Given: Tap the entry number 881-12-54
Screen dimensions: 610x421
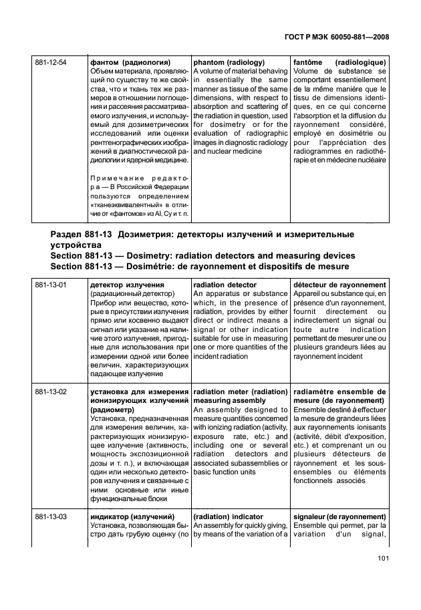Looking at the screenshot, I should tap(51, 62).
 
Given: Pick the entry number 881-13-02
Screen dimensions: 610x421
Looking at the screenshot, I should tap(51, 392).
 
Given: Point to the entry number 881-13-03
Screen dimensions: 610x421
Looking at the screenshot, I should tap(51, 516).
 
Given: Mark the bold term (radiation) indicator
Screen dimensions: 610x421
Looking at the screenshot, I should tap(228, 516).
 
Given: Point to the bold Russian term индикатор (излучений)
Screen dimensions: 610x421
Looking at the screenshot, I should tap(132, 516).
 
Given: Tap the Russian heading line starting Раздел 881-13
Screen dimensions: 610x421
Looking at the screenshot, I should tap(201, 234).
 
